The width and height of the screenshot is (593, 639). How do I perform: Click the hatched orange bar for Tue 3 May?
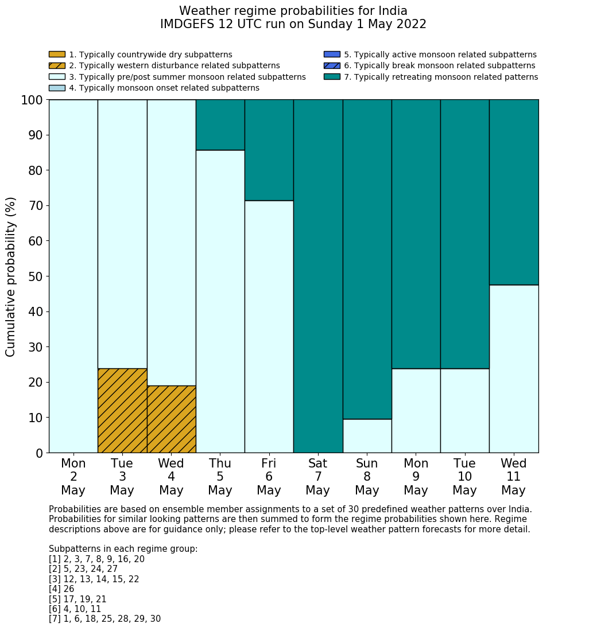[122, 410]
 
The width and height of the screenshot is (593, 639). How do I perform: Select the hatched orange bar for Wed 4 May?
[171, 419]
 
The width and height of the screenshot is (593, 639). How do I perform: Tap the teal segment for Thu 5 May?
[220, 124]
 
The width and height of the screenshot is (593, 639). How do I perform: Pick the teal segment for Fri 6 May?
[269, 150]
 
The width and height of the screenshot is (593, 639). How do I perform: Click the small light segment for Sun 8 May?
[367, 436]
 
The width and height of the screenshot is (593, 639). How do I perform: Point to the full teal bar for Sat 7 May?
[317, 276]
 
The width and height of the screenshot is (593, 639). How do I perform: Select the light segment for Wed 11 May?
[514, 369]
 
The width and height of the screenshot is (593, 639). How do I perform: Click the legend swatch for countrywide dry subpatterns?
[57, 54]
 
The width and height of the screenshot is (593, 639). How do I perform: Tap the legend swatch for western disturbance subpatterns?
[57, 65]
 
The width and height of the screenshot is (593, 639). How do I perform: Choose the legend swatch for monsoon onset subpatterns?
[57, 88]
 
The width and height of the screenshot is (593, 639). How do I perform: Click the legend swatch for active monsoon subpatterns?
[332, 54]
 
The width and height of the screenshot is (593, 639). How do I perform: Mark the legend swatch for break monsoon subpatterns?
[332, 65]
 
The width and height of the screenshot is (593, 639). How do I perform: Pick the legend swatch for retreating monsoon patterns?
[332, 77]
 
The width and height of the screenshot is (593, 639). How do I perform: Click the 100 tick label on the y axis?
[32, 100]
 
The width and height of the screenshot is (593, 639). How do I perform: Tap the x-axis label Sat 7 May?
[317, 477]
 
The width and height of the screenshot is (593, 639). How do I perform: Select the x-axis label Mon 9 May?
[416, 477]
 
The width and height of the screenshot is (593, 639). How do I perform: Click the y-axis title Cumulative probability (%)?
[11, 276]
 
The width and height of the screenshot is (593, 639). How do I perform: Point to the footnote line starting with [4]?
[61, 589]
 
